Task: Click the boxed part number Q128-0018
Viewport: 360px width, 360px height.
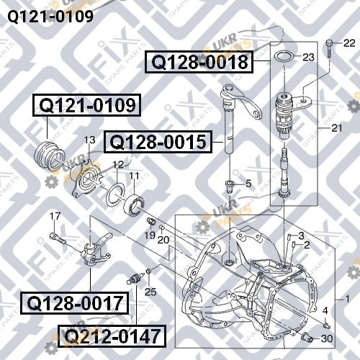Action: pyautogui.click(x=199, y=62)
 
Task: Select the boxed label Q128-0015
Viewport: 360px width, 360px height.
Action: pyautogui.click(x=158, y=142)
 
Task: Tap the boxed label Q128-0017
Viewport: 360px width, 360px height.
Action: pyautogui.click(x=75, y=303)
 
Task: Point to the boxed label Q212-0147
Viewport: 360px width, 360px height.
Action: pyautogui.click(x=112, y=336)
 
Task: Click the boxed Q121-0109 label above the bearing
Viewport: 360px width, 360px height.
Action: pyautogui.click(x=87, y=105)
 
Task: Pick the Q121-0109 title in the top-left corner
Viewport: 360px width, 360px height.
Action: pyautogui.click(x=50, y=17)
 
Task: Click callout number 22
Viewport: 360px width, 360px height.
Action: pyautogui.click(x=349, y=43)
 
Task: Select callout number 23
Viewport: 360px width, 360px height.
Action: pyautogui.click(x=308, y=58)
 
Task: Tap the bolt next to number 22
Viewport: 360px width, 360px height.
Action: pyautogui.click(x=329, y=49)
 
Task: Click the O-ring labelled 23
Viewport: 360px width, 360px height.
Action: pyautogui.click(x=284, y=57)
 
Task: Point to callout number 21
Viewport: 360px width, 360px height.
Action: pyautogui.click(x=336, y=128)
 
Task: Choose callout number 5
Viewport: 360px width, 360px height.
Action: pyautogui.click(x=248, y=184)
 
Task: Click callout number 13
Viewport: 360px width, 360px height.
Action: pyautogui.click(x=89, y=140)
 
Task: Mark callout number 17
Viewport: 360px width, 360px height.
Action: pyautogui.click(x=55, y=216)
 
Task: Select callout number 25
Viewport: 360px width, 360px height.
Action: pyautogui.click(x=150, y=292)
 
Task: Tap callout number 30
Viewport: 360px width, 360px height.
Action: pyautogui.click(x=327, y=338)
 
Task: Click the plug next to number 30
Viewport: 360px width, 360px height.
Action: pyautogui.click(x=307, y=337)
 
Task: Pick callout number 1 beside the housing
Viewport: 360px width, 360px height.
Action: pyautogui.click(x=347, y=299)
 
